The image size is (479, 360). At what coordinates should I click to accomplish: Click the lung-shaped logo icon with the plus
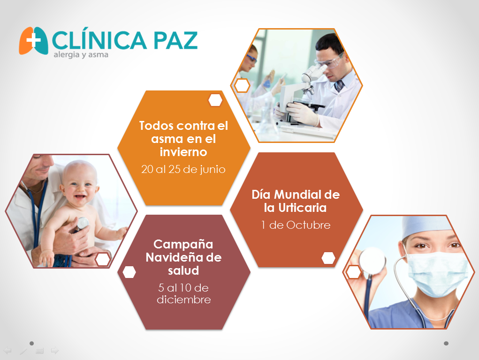(x=33, y=41)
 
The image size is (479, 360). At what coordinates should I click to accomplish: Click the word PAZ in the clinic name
(x=175, y=40)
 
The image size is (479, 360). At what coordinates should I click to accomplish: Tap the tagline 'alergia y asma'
(x=81, y=55)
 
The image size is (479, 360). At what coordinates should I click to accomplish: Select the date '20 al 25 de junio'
(x=183, y=169)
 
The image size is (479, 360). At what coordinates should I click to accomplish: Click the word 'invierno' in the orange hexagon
(x=183, y=152)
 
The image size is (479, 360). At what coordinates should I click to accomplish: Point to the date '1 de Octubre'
(x=296, y=225)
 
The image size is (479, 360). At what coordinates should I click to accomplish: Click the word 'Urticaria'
(x=303, y=208)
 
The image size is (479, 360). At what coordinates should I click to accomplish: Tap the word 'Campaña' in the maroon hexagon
(x=183, y=244)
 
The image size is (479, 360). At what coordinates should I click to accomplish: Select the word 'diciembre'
(x=183, y=300)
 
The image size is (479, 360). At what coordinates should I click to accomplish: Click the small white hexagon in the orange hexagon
(x=215, y=100)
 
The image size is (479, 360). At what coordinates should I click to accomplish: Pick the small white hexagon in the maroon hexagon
(x=129, y=272)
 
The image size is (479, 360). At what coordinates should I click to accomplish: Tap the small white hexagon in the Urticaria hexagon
(x=328, y=258)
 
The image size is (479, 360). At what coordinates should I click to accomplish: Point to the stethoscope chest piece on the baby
(x=83, y=223)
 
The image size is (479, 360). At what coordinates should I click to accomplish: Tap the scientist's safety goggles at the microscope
(x=329, y=63)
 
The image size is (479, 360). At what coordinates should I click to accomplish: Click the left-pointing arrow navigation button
(x=8, y=351)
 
